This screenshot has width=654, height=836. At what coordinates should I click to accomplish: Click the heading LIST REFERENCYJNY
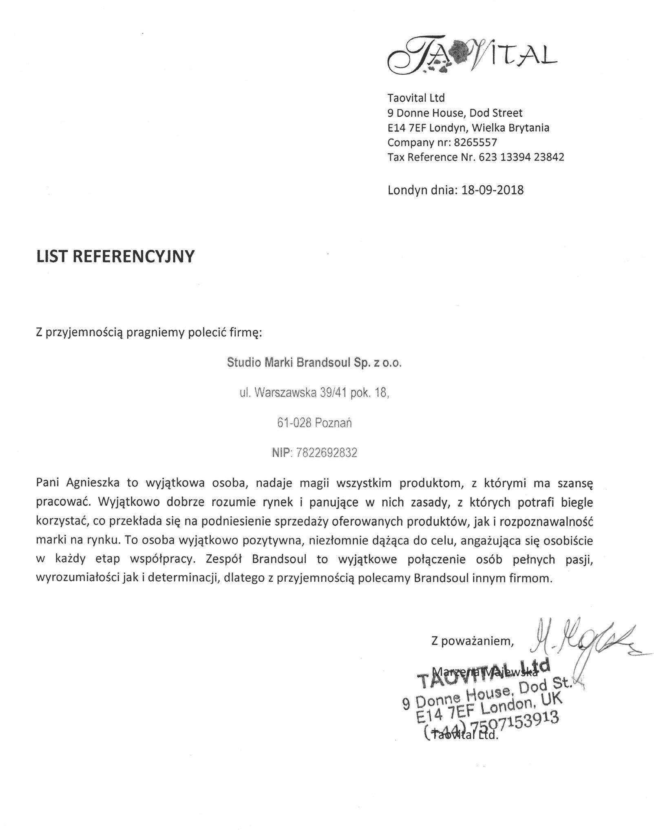point(115,256)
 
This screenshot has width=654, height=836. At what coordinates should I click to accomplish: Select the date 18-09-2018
point(492,190)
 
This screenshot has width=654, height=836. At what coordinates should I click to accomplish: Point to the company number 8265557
point(475,142)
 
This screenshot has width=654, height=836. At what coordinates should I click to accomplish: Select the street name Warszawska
point(285,393)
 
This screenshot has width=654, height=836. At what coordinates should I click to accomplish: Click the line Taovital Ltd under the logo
point(416,98)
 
